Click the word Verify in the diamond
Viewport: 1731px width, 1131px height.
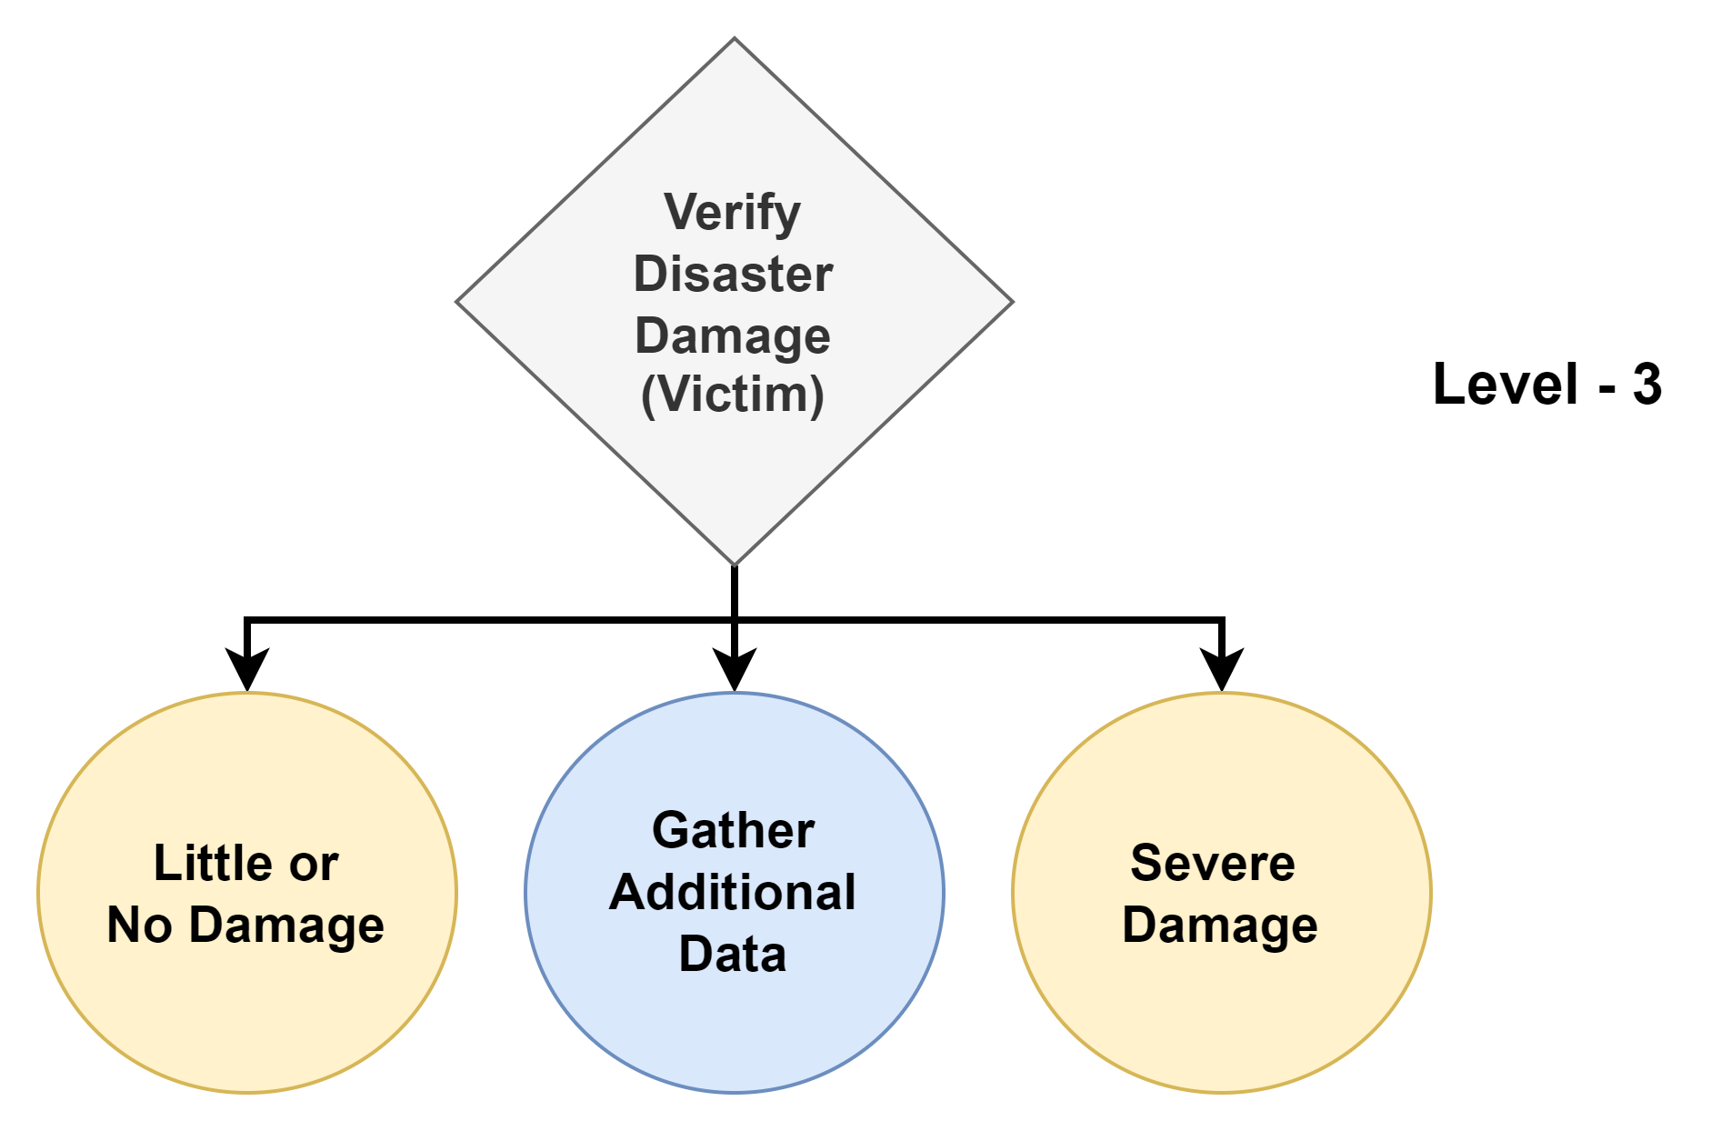732,214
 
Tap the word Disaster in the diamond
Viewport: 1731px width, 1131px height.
733,275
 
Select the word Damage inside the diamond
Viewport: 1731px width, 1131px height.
733,336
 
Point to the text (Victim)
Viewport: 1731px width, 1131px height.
733,395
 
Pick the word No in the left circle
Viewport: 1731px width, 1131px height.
139,926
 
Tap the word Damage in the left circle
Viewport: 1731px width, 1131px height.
286,926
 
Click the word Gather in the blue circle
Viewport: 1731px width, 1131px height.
733,831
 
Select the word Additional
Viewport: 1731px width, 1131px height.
733,893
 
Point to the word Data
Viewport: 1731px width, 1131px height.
733,955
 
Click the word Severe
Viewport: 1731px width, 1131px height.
1212,863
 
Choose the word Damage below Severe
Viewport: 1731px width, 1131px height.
1220,926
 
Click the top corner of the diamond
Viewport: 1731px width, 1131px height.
735,40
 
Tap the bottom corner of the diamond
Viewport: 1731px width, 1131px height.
735,564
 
